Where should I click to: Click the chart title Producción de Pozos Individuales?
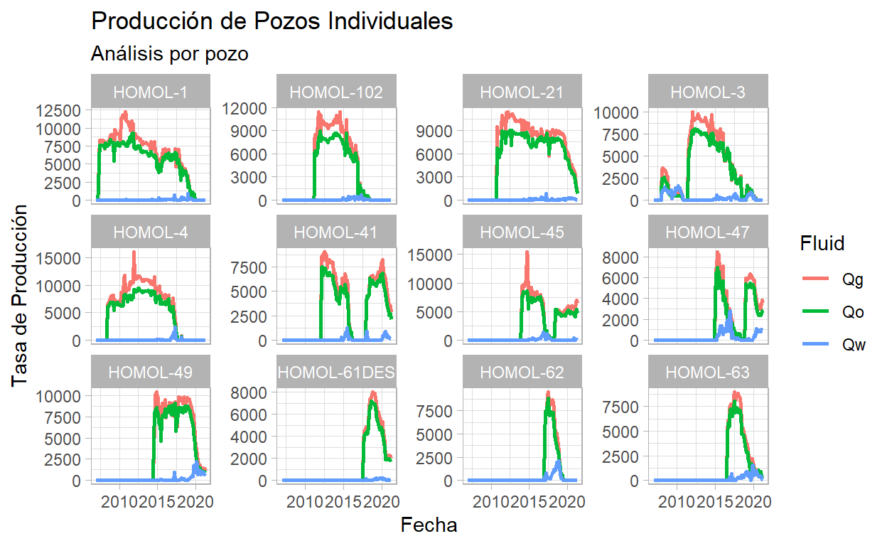click(x=272, y=21)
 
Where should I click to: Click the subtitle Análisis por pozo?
click(x=170, y=53)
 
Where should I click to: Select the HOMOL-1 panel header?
click(x=151, y=92)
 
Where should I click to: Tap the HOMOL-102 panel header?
click(x=336, y=92)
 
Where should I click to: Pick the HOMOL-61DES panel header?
click(x=336, y=372)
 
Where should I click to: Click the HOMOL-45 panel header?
click(x=522, y=232)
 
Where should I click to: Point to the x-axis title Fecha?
click(x=429, y=525)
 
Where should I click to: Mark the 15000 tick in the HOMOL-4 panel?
click(x=65, y=257)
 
